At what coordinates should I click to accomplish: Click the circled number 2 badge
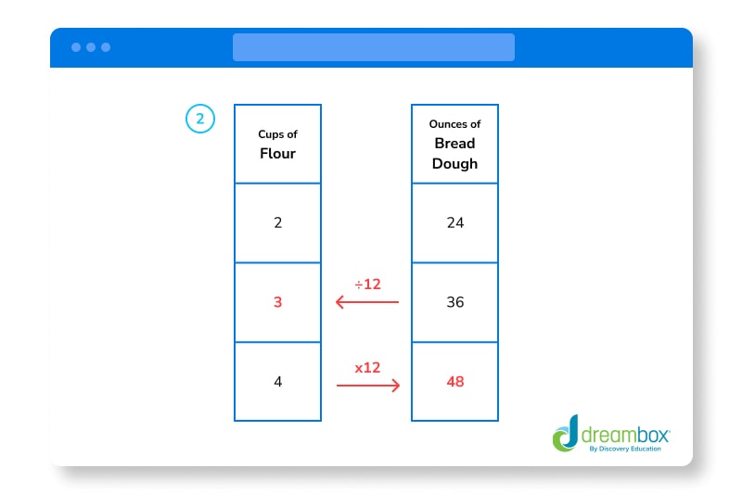pyautogui.click(x=200, y=119)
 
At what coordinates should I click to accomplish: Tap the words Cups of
pyautogui.click(x=277, y=134)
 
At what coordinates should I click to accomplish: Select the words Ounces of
pyautogui.click(x=454, y=124)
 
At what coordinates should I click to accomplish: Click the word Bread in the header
pyautogui.click(x=454, y=144)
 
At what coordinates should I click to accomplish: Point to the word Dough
pyautogui.click(x=454, y=163)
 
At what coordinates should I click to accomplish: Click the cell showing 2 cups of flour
pyautogui.click(x=277, y=222)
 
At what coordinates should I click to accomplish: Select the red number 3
pyautogui.click(x=277, y=302)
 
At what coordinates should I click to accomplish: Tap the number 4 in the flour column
pyautogui.click(x=277, y=381)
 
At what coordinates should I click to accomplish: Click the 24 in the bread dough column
pyautogui.click(x=454, y=222)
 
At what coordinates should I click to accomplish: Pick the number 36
pyautogui.click(x=454, y=302)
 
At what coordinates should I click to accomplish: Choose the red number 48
pyautogui.click(x=454, y=381)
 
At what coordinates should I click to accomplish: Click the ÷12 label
pyautogui.click(x=367, y=284)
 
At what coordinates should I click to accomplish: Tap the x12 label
pyautogui.click(x=367, y=367)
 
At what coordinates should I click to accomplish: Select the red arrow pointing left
pyautogui.click(x=367, y=302)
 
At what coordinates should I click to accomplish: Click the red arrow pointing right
pyautogui.click(x=367, y=385)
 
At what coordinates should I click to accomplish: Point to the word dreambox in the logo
pyautogui.click(x=624, y=433)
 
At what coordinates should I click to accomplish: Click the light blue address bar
pyautogui.click(x=373, y=47)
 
